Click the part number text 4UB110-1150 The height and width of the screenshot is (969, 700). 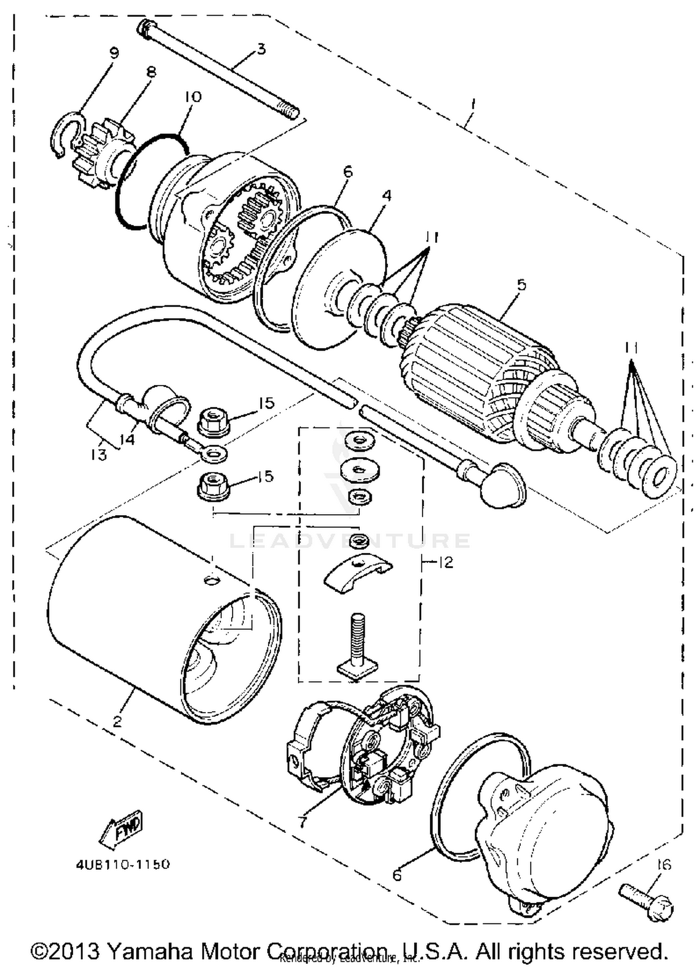[123, 864]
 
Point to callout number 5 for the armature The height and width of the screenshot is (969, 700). [521, 284]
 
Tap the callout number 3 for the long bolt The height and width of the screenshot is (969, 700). [261, 49]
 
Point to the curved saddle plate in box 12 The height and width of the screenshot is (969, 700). [357, 572]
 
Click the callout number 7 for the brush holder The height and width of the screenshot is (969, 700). [302, 822]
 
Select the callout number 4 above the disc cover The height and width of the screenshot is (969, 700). [386, 196]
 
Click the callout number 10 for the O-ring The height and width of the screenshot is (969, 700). [193, 97]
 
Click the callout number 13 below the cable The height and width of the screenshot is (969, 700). [98, 454]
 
